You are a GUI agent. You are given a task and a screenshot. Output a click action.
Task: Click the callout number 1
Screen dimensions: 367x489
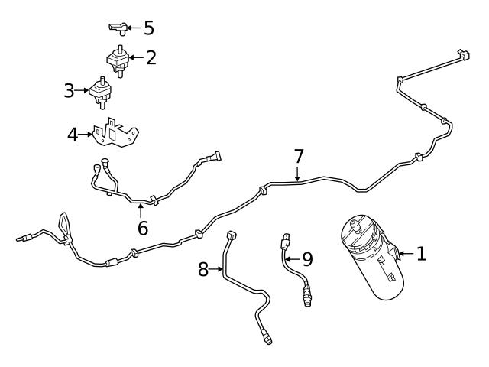[x=420, y=253]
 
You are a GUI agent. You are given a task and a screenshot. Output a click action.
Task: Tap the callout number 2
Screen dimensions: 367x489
[x=151, y=57]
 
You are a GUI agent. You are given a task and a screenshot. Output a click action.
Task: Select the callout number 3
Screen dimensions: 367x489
[x=70, y=91]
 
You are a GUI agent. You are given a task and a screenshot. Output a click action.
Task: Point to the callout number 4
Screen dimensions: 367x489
[x=73, y=135]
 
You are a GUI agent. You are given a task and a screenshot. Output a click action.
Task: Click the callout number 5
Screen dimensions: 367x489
[x=148, y=28]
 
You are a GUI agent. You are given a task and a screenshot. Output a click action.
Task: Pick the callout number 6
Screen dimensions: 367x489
[x=141, y=228]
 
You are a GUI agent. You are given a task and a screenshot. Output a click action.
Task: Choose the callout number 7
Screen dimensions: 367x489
[x=299, y=157]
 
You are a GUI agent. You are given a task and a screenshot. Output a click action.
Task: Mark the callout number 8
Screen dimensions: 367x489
[x=203, y=268]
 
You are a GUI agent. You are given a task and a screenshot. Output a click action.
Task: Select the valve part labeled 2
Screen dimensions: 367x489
[x=118, y=59]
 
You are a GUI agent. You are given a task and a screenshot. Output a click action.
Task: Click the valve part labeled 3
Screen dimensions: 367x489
[x=100, y=92]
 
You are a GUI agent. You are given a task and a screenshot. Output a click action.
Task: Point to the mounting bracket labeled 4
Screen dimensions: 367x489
[x=115, y=135]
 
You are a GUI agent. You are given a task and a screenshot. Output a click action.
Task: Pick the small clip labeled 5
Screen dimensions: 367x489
[x=117, y=28]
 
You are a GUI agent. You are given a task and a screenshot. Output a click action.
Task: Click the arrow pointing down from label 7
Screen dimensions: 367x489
[x=299, y=176]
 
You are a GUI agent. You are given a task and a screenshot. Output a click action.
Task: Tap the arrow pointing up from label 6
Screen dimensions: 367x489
[x=141, y=209]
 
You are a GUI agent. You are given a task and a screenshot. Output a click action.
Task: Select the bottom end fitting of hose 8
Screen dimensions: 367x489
[x=267, y=337]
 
